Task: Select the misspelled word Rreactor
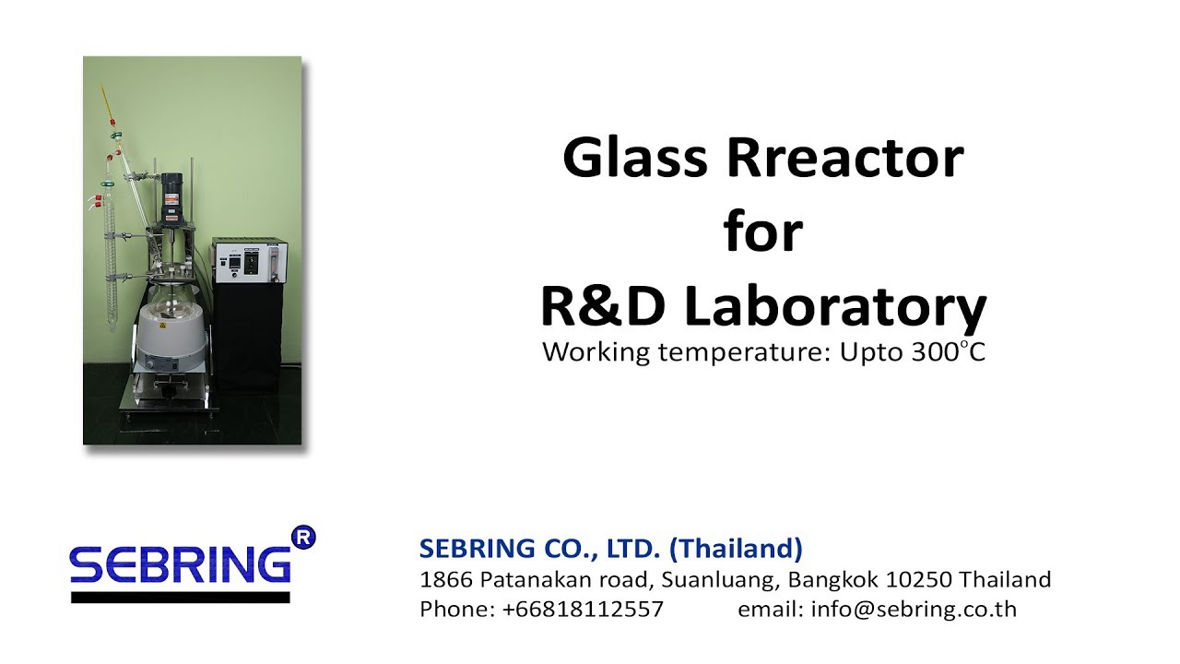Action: [844, 159]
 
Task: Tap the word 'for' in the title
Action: [763, 232]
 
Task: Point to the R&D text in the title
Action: [603, 307]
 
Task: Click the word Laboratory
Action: [835, 309]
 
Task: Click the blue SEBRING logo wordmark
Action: [181, 563]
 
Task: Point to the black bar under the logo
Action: [181, 597]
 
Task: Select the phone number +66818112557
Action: [583, 610]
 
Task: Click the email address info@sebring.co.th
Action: [914, 610]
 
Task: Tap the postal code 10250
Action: [919, 580]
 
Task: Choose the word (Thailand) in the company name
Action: [736, 549]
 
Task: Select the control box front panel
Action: [246, 262]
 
